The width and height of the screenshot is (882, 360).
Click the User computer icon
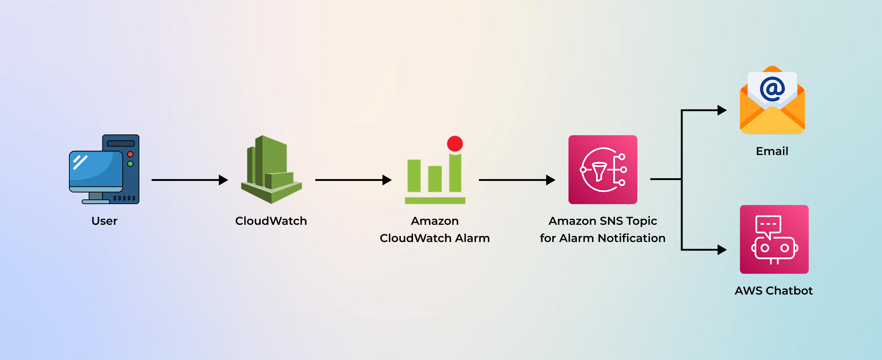104,169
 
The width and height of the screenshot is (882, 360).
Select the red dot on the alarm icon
455,143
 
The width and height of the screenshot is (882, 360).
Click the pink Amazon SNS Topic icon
602,169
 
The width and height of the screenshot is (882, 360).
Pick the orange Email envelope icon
772,101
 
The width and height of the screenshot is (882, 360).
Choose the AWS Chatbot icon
774,239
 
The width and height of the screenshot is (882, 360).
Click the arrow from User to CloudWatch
189,180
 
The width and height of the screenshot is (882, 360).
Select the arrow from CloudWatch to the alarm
353,180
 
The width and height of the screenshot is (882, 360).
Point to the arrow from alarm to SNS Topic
517,180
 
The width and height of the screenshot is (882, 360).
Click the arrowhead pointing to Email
722,110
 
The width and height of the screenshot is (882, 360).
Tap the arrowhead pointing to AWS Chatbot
722,250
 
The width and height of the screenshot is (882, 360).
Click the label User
104,221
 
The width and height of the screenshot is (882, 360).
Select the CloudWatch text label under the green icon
271,221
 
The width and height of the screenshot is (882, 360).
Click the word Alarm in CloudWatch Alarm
472,238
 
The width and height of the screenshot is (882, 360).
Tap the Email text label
772,151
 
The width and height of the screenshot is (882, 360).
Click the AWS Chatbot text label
774,291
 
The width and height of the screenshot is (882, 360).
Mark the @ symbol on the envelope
772,89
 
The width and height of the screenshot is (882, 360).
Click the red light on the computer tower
130,154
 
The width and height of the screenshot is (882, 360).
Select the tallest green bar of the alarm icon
455,172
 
